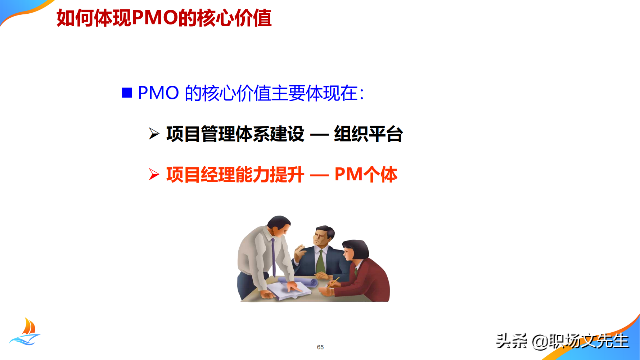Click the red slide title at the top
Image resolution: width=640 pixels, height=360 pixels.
(164, 18)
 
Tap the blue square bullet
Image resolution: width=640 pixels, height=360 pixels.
(127, 93)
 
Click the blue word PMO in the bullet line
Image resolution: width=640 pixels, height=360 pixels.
(158, 93)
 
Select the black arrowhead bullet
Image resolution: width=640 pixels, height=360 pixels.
(154, 134)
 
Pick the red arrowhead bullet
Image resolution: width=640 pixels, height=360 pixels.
(154, 174)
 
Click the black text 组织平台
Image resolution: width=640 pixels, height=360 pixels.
(368, 134)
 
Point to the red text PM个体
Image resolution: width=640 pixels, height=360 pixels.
(366, 175)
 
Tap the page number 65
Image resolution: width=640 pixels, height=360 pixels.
(320, 347)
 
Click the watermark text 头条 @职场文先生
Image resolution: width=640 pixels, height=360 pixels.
(562, 341)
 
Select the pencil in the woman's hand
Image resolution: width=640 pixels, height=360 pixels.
(334, 282)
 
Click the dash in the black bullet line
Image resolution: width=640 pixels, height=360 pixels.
(319, 135)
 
